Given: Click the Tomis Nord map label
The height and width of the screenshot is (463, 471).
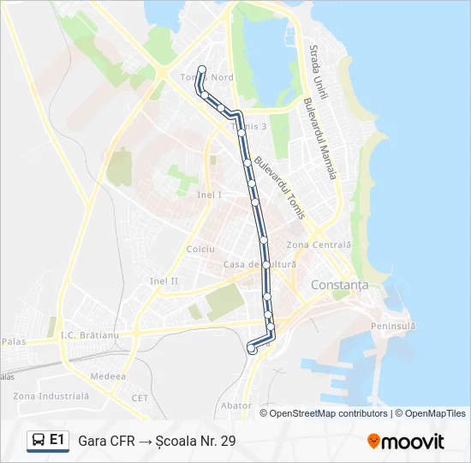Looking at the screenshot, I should pos(207,77).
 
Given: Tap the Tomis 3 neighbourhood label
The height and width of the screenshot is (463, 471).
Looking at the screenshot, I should pos(249,127).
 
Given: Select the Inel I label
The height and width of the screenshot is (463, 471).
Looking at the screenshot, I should pos(209,195).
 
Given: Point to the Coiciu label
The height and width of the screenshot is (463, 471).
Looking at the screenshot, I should pos(200,249).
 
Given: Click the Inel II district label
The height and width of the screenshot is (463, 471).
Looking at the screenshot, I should pos(164,280).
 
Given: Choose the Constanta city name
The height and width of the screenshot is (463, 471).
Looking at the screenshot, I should pos(340,285).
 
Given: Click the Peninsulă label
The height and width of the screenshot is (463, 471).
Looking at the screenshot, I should pos(393,326).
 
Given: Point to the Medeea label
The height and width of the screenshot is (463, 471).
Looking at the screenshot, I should pos(110,376).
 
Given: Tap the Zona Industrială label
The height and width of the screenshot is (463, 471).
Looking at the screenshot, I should pos(51,396).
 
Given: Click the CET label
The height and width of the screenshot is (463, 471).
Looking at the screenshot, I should pos(140,398).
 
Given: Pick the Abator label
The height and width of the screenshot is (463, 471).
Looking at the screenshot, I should pos(235,405).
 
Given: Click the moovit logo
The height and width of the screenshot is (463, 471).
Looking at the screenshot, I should pos(406,442).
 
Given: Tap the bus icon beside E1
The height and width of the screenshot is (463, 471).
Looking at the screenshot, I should pos(39,441).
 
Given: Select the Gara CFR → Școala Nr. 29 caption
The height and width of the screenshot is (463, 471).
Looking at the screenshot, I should pos(157,441).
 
